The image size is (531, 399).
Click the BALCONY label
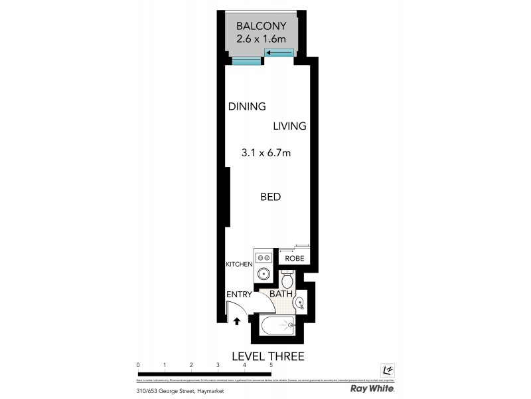(261, 27)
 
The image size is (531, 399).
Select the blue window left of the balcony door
(246, 62)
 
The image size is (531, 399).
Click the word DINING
(247, 106)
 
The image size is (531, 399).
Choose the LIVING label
(289, 126)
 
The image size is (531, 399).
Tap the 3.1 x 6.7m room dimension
(266, 153)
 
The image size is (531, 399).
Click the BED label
(270, 197)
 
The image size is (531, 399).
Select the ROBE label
(294, 259)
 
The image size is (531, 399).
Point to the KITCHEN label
(239, 265)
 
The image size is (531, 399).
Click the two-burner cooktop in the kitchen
(263, 257)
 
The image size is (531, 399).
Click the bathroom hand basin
(299, 304)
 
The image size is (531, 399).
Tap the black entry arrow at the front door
(236, 322)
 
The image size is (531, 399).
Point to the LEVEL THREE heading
(267, 356)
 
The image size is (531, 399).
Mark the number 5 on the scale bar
(271, 365)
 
